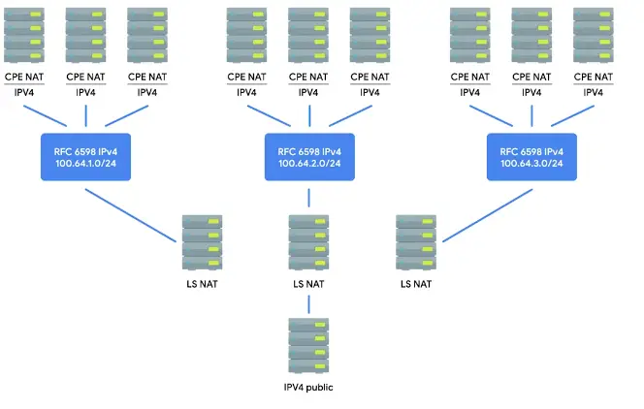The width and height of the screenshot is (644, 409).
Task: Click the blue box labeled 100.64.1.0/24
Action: point(84,157)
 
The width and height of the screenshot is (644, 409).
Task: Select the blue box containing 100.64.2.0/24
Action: point(308,157)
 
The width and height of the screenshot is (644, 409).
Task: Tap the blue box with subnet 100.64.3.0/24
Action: point(531,157)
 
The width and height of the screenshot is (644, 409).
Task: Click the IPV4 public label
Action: point(308,388)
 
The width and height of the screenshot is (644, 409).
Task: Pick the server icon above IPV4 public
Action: point(308,345)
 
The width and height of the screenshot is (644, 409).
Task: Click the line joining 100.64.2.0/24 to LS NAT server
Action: point(308,197)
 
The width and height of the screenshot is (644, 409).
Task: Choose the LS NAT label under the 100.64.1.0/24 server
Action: point(203,284)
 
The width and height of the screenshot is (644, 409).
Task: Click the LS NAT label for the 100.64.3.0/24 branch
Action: point(416,284)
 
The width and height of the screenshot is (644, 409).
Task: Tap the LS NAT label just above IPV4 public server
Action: point(308,284)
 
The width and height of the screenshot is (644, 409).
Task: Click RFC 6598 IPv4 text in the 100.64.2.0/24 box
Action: point(308,150)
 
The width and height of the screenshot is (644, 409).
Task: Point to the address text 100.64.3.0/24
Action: point(531,164)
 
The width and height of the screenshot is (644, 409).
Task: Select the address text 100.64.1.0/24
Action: point(84,164)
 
